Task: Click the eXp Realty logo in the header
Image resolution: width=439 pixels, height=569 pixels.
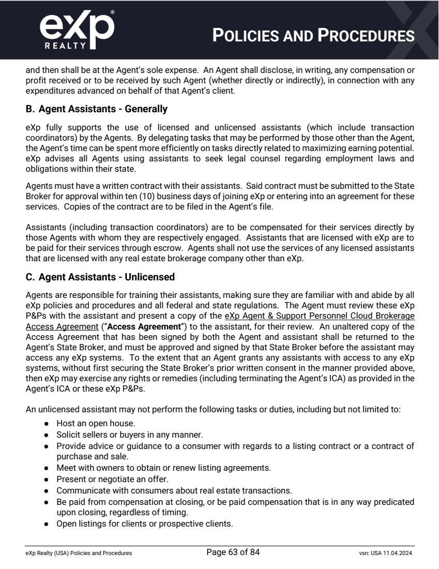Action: click(76, 29)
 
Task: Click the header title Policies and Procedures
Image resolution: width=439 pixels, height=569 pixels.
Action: click(314, 36)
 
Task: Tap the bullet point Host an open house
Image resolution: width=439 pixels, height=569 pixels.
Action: click(88, 423)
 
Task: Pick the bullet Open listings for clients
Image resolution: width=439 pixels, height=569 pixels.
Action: click(145, 523)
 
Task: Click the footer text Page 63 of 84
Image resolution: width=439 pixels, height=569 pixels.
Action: click(233, 552)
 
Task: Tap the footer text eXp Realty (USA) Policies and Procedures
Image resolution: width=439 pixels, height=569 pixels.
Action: click(79, 553)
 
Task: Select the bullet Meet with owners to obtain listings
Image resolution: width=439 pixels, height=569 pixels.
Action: click(164, 468)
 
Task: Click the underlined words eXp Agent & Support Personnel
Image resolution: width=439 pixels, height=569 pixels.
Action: click(280, 316)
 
